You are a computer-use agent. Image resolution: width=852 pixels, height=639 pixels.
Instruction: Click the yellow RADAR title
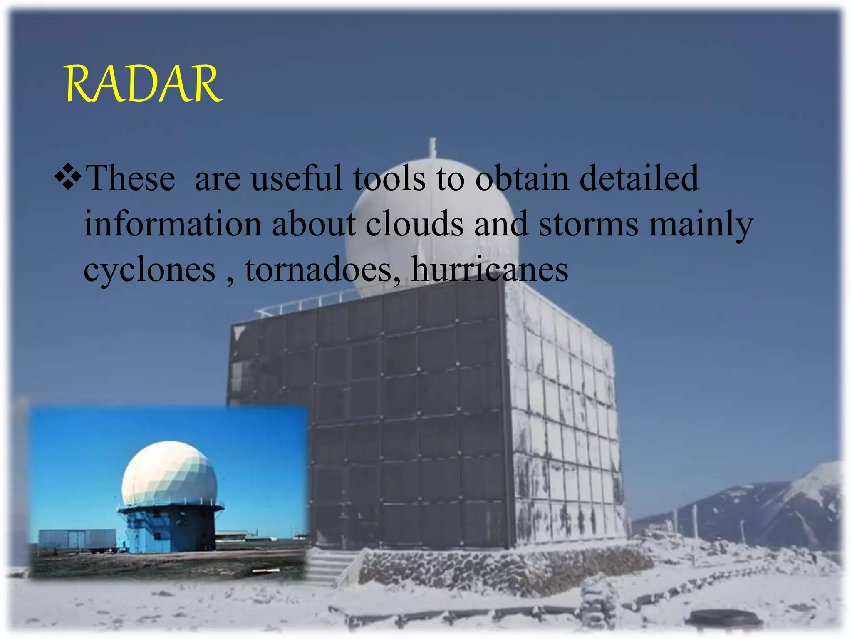pos(144,84)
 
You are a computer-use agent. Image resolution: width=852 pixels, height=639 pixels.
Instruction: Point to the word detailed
pos(639,178)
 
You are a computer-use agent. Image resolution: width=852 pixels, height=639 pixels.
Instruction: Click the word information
pos(172,224)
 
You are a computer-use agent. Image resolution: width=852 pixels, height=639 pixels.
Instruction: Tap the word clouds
pos(414,224)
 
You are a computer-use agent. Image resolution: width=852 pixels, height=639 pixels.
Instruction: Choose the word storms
pos(588,224)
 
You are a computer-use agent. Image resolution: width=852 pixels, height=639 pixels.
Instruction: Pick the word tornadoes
pos(319,270)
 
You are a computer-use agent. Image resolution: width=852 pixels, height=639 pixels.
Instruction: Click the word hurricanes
pos(489,270)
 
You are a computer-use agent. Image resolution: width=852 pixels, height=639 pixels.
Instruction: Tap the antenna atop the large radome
pos(433,148)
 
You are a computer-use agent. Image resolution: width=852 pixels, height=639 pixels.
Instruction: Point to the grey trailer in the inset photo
pos(77,540)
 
